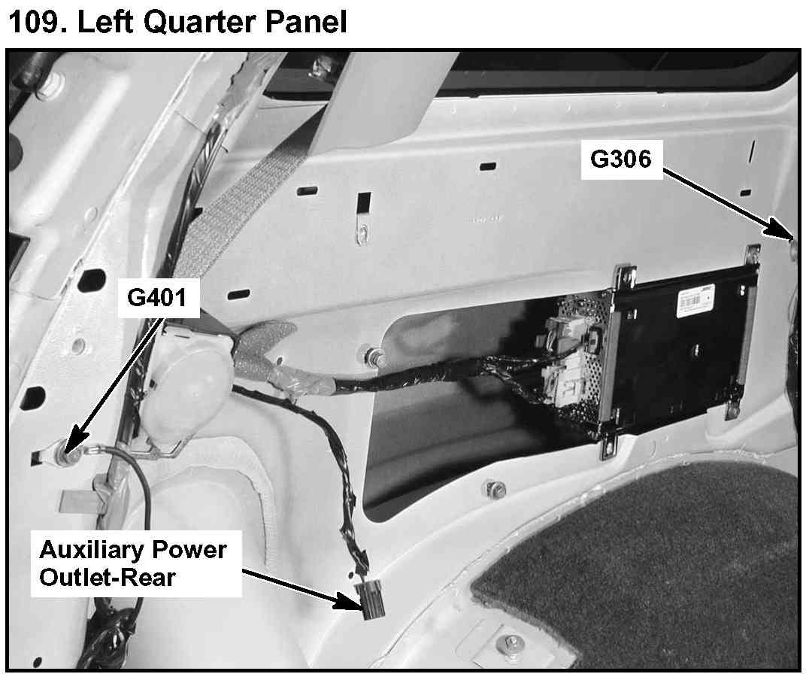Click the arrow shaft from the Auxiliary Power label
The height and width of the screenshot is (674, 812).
click(293, 581)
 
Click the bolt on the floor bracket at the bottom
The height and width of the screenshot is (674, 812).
click(511, 644)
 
